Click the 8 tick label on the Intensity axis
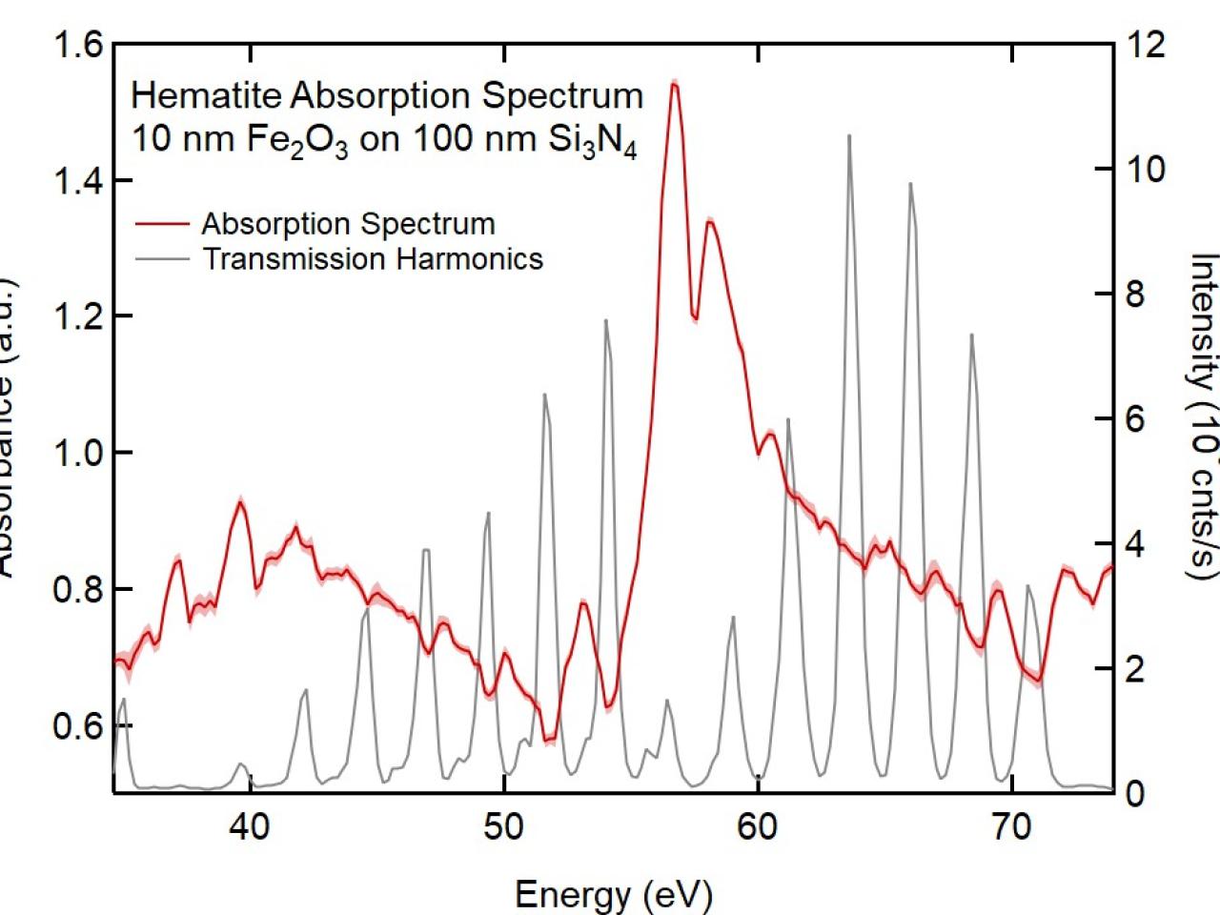tap(1133, 295)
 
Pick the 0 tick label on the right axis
tap(1133, 793)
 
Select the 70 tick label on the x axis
tap(1011, 827)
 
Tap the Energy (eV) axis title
tap(613, 894)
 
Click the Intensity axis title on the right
tap(1203, 415)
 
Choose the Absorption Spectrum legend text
tap(348, 224)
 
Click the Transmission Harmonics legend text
tap(372, 259)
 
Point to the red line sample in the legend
tap(162, 225)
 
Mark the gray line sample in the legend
tap(162, 259)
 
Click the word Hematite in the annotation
tap(207, 95)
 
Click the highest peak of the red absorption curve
tap(674, 84)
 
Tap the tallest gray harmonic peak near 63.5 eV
tap(848, 136)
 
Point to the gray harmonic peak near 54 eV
tap(605, 321)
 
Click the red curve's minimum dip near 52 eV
tap(548, 739)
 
